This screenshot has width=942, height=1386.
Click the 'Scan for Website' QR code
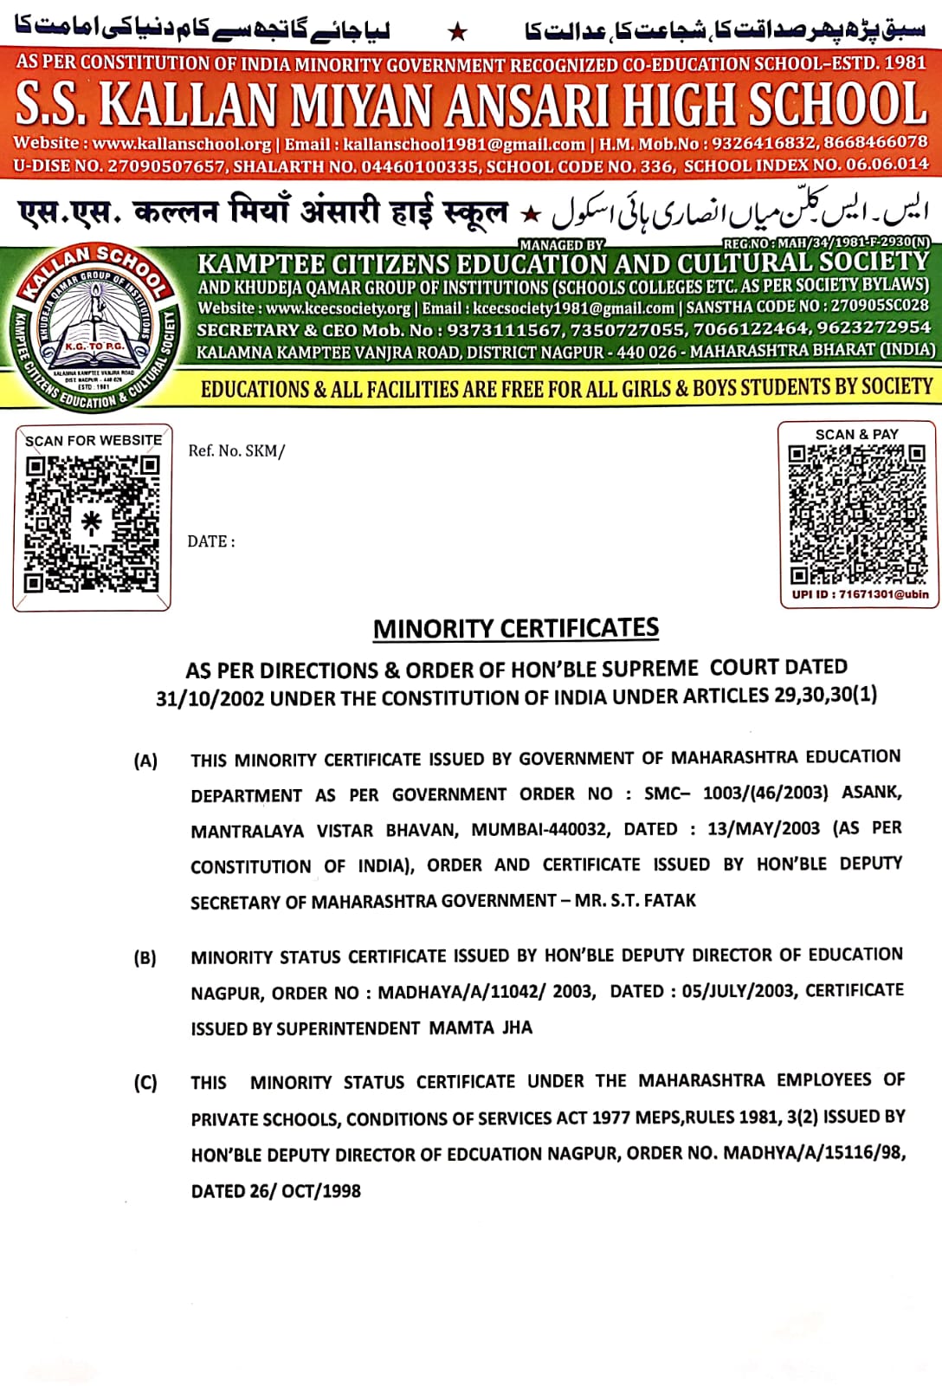pyautogui.click(x=92, y=524)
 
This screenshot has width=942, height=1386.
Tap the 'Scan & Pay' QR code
pyautogui.click(x=857, y=514)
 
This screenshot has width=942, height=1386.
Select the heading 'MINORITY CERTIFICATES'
pyautogui.click(x=516, y=628)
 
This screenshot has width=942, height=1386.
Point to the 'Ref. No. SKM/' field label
pyautogui.click(x=236, y=450)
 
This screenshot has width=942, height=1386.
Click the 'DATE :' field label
pyautogui.click(x=211, y=541)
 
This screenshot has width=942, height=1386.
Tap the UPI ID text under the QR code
pyautogui.click(x=860, y=594)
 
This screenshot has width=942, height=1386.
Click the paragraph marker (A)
pyautogui.click(x=145, y=761)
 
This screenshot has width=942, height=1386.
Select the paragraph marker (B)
pyautogui.click(x=145, y=958)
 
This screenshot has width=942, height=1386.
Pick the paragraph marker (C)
pyautogui.click(x=145, y=1083)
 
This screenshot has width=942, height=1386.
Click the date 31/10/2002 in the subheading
pyautogui.click(x=210, y=699)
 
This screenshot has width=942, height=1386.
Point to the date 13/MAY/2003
pyautogui.click(x=763, y=828)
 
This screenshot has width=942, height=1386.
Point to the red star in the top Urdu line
pyautogui.click(x=458, y=33)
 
